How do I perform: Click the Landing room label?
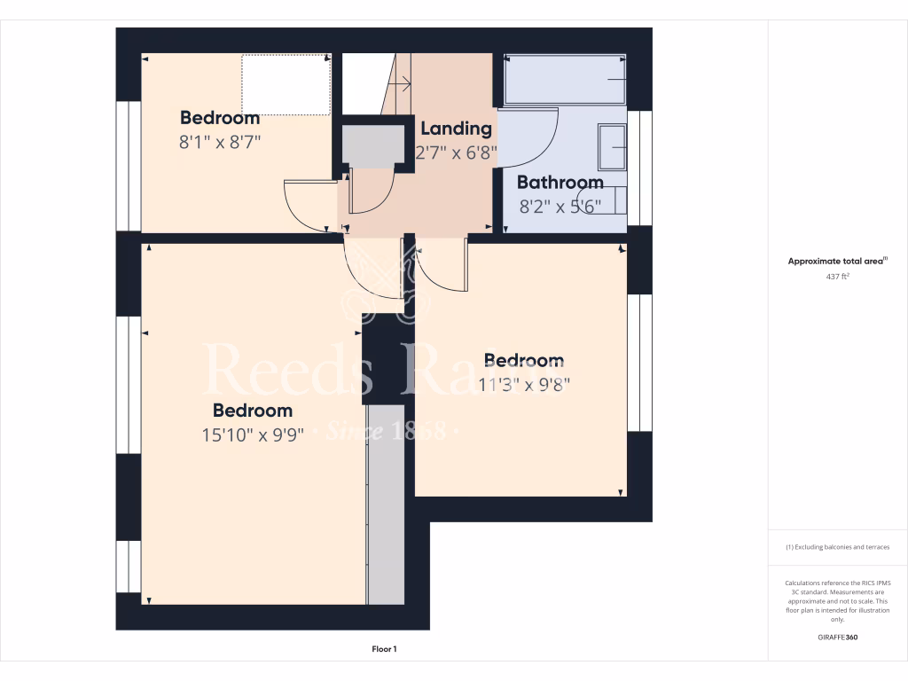(456, 129)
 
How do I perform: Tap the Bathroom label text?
(560, 183)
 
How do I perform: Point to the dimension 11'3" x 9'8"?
(523, 384)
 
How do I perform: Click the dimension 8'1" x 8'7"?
(220, 141)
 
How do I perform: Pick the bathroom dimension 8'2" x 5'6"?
(560, 206)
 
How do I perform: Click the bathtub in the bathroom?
(566, 81)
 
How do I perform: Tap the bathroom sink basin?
(613, 147)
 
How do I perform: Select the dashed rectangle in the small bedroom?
(286, 84)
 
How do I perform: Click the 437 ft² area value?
(837, 277)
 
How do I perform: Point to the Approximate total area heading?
(837, 261)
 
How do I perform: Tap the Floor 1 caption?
(384, 649)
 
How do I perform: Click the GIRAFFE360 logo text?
(837, 638)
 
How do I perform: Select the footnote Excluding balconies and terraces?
(837, 547)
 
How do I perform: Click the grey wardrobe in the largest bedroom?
(386, 505)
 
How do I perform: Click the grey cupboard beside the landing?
(367, 146)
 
